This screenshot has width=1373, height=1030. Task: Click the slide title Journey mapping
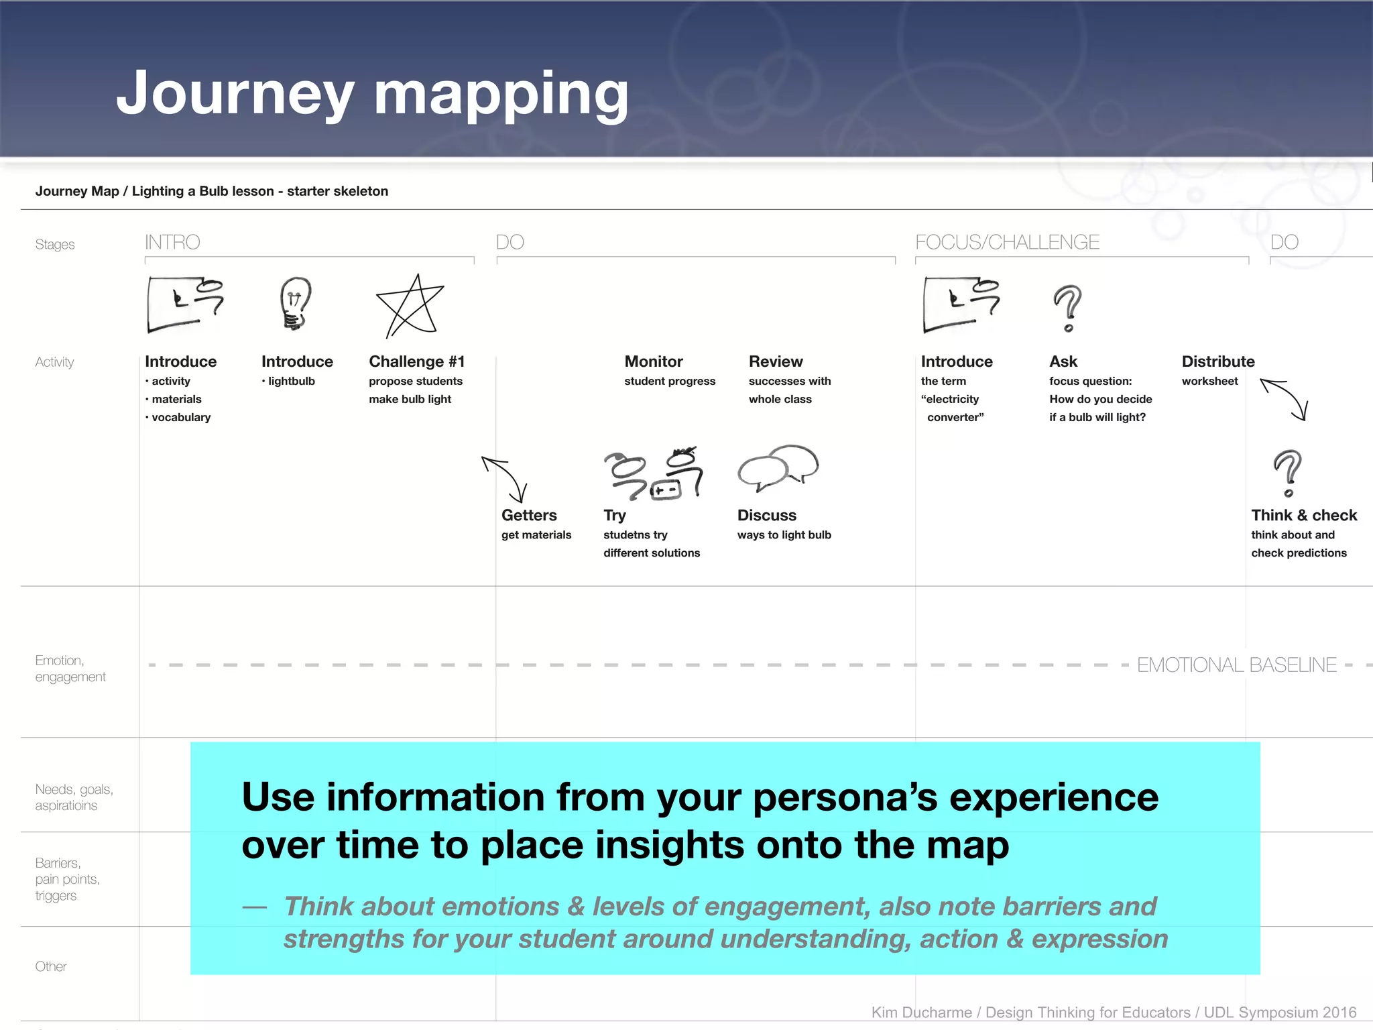[372, 94]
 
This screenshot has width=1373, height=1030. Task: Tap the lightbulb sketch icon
[296, 303]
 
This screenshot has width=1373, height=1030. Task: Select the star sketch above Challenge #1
[411, 306]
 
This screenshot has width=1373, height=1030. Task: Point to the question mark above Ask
[1067, 308]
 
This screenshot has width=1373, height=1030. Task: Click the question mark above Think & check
[1287, 473]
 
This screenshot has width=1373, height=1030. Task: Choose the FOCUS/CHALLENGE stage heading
[1007, 242]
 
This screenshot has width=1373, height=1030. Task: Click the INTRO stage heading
[172, 242]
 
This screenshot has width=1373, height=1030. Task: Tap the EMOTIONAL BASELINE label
[1236, 665]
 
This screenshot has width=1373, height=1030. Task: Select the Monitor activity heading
[654, 361]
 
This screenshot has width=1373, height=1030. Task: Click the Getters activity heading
[529, 515]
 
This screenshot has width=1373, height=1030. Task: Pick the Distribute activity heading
[1217, 361]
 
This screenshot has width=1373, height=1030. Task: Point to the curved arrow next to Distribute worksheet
[1285, 399]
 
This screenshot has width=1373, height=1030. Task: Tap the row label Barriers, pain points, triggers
[67, 879]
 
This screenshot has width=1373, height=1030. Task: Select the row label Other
[51, 966]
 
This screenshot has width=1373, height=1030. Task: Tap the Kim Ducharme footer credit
[1113, 1012]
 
